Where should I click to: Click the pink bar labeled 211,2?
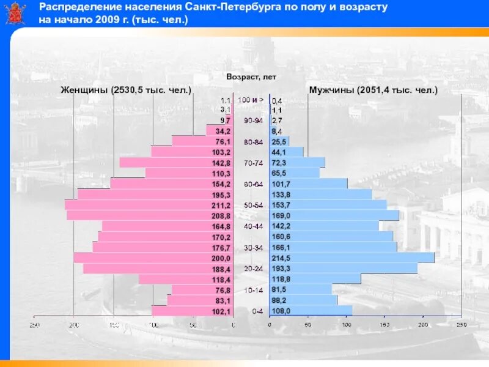coord(147,205)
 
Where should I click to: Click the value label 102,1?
coord(221,311)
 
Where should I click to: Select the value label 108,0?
coord(281,311)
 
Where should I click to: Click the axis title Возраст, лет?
coord(251,77)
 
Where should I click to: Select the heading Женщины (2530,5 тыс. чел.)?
coord(126,90)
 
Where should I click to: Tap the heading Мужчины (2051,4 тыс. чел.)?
coord(373,90)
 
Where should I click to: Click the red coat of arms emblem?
coord(16,13)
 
